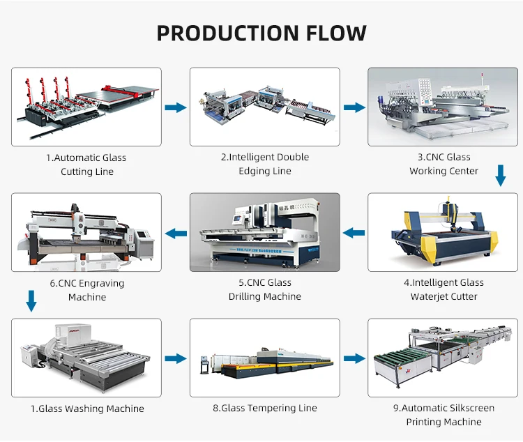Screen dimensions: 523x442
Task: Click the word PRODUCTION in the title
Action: pyautogui.click(x=222, y=33)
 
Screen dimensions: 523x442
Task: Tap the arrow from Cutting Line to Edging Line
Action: pyautogui.click(x=176, y=107)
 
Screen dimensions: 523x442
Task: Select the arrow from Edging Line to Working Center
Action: pyautogui.click(x=354, y=107)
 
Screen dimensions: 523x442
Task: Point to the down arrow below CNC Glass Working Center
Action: pyautogui.click(x=500, y=175)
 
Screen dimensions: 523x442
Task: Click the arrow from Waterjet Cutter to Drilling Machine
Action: pyautogui.click(x=354, y=233)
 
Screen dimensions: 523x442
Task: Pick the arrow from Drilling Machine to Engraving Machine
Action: pyautogui.click(x=176, y=233)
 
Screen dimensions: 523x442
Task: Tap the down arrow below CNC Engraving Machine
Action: pyautogui.click(x=31, y=300)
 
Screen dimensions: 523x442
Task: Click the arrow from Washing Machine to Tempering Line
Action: pyautogui.click(x=176, y=358)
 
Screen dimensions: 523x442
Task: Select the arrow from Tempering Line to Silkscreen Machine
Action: pyautogui.click(x=354, y=358)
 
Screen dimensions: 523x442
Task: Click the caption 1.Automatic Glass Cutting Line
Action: pyautogui.click(x=86, y=165)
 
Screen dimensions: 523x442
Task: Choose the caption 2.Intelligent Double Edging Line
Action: pyautogui.click(x=265, y=164)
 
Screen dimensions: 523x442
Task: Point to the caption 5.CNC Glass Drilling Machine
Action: pyautogui.click(x=265, y=289)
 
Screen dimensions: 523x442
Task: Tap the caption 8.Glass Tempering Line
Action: pyautogui.click(x=265, y=408)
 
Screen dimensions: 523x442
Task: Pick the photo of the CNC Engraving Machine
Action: pyautogui.click(x=86, y=232)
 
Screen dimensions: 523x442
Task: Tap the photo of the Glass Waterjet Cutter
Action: pyautogui.click(x=444, y=232)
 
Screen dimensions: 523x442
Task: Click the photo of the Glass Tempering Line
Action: pyautogui.click(x=265, y=358)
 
